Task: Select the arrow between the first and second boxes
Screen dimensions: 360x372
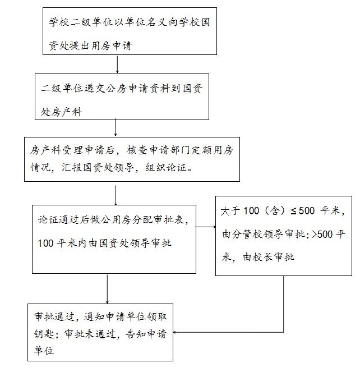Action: [x=117, y=64]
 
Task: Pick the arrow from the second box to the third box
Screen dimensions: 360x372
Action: [x=116, y=127]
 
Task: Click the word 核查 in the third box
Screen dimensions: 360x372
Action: [x=137, y=150]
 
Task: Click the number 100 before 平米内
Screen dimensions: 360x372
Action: [x=45, y=244]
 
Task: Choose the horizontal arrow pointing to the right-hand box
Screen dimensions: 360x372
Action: [x=206, y=227]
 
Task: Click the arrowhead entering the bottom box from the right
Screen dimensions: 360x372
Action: [x=174, y=332]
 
